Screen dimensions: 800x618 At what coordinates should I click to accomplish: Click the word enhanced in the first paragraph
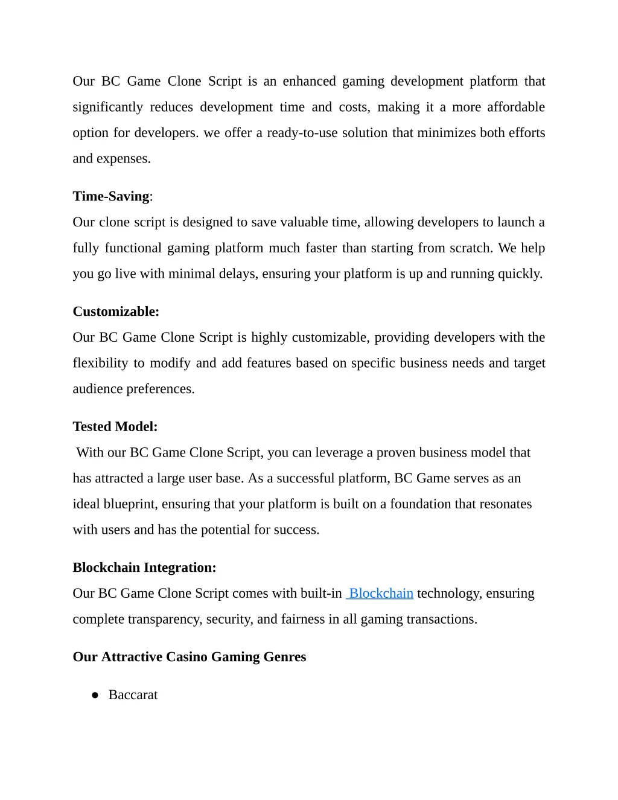(309, 82)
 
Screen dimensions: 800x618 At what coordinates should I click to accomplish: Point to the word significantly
(107, 107)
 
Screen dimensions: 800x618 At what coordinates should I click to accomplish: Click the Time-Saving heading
(112, 196)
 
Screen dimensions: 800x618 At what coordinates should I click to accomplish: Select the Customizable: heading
(116, 312)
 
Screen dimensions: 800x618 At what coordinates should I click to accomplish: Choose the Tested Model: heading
(115, 427)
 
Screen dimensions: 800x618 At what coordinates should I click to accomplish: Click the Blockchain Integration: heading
(144, 568)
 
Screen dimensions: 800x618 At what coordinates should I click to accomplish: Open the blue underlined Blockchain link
(381, 594)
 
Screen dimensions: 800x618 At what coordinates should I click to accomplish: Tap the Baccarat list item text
(133, 695)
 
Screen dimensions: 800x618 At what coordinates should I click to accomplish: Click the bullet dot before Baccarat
(95, 696)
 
